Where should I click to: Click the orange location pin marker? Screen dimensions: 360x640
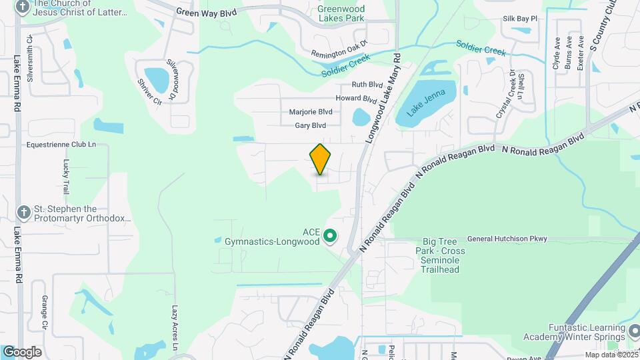(321, 159)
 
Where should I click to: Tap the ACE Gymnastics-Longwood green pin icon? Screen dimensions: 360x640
(329, 236)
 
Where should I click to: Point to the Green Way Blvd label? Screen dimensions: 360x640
(207, 12)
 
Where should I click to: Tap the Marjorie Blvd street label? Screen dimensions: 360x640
(311, 112)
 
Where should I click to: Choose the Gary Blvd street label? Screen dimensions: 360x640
(311, 125)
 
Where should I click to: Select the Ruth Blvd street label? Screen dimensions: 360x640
(367, 85)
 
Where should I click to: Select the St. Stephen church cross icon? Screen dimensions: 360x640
(23, 212)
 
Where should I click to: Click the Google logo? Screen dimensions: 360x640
(22, 352)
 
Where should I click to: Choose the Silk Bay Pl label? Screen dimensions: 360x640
(520, 19)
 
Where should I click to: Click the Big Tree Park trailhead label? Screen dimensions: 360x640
(440, 255)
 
